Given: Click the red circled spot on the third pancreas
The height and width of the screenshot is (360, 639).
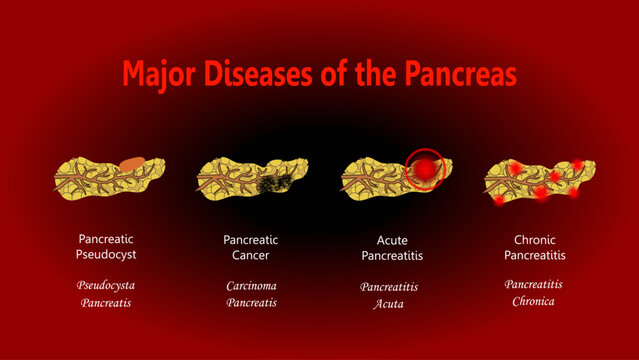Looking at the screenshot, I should point(424,170).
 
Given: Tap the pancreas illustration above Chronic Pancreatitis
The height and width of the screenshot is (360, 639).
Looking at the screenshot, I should point(532,178).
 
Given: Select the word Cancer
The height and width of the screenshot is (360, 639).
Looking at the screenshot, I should point(251,255).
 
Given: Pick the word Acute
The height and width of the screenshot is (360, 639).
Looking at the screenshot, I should point(393,239).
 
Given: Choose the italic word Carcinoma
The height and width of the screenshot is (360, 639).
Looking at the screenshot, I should point(251,286).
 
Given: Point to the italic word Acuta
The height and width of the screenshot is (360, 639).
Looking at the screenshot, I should point(388,303).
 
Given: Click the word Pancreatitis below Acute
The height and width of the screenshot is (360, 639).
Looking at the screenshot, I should point(393,255).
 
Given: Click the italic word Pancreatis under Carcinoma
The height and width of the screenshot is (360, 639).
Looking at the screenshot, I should point(251,302).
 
